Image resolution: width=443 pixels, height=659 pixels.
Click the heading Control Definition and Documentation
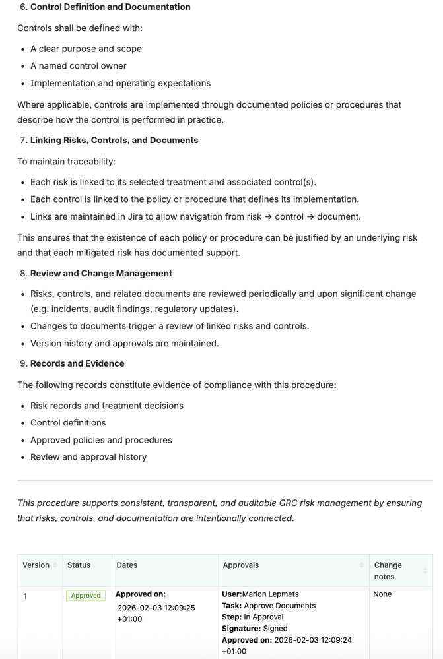click(110, 7)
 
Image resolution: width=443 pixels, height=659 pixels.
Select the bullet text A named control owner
click(79, 66)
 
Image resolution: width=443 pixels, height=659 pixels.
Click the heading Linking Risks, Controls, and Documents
click(114, 141)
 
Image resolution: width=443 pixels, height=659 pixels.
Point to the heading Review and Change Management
click(101, 274)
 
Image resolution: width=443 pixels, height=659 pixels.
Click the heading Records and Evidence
click(77, 363)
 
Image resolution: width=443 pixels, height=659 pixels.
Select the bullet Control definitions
click(68, 423)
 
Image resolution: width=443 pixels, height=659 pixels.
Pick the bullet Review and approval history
click(88, 457)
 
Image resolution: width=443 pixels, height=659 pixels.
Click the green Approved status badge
click(86, 596)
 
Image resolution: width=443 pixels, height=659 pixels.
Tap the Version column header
click(36, 565)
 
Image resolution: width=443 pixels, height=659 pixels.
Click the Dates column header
click(127, 565)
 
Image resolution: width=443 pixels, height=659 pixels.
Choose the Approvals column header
click(241, 565)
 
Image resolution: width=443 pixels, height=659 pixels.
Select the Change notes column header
click(388, 571)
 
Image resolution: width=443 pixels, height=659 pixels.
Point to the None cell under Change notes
click(382, 594)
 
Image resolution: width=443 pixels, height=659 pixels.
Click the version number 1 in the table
click(26, 597)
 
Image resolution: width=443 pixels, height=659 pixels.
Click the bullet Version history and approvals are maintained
click(125, 343)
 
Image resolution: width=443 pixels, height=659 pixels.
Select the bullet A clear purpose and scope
click(86, 49)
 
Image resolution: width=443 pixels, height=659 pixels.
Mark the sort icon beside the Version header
click(55, 565)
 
